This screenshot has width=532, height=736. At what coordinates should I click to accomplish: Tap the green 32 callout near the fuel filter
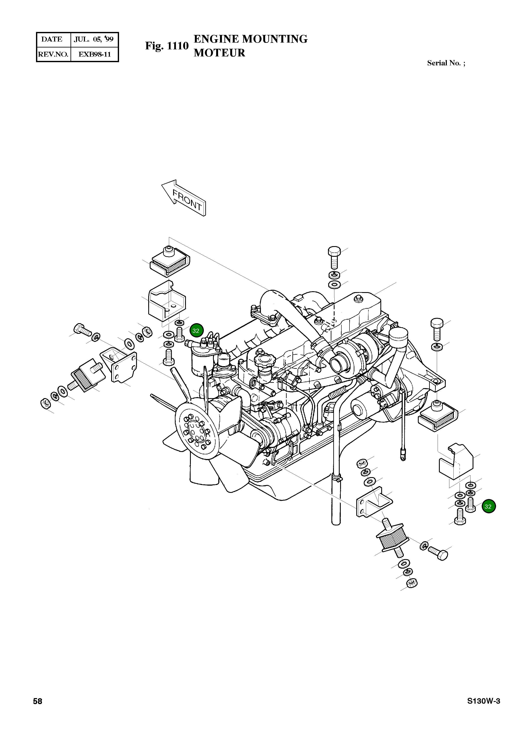pos(196,331)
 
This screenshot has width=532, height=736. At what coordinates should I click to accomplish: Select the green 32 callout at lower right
pos(489,506)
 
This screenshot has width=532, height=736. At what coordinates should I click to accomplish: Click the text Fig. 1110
pos(167,46)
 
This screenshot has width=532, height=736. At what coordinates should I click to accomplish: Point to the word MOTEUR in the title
pos(219,53)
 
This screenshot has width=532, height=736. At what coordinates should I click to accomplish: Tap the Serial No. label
pos(446,63)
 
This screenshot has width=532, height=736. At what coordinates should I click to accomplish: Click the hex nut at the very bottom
pos(412,583)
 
